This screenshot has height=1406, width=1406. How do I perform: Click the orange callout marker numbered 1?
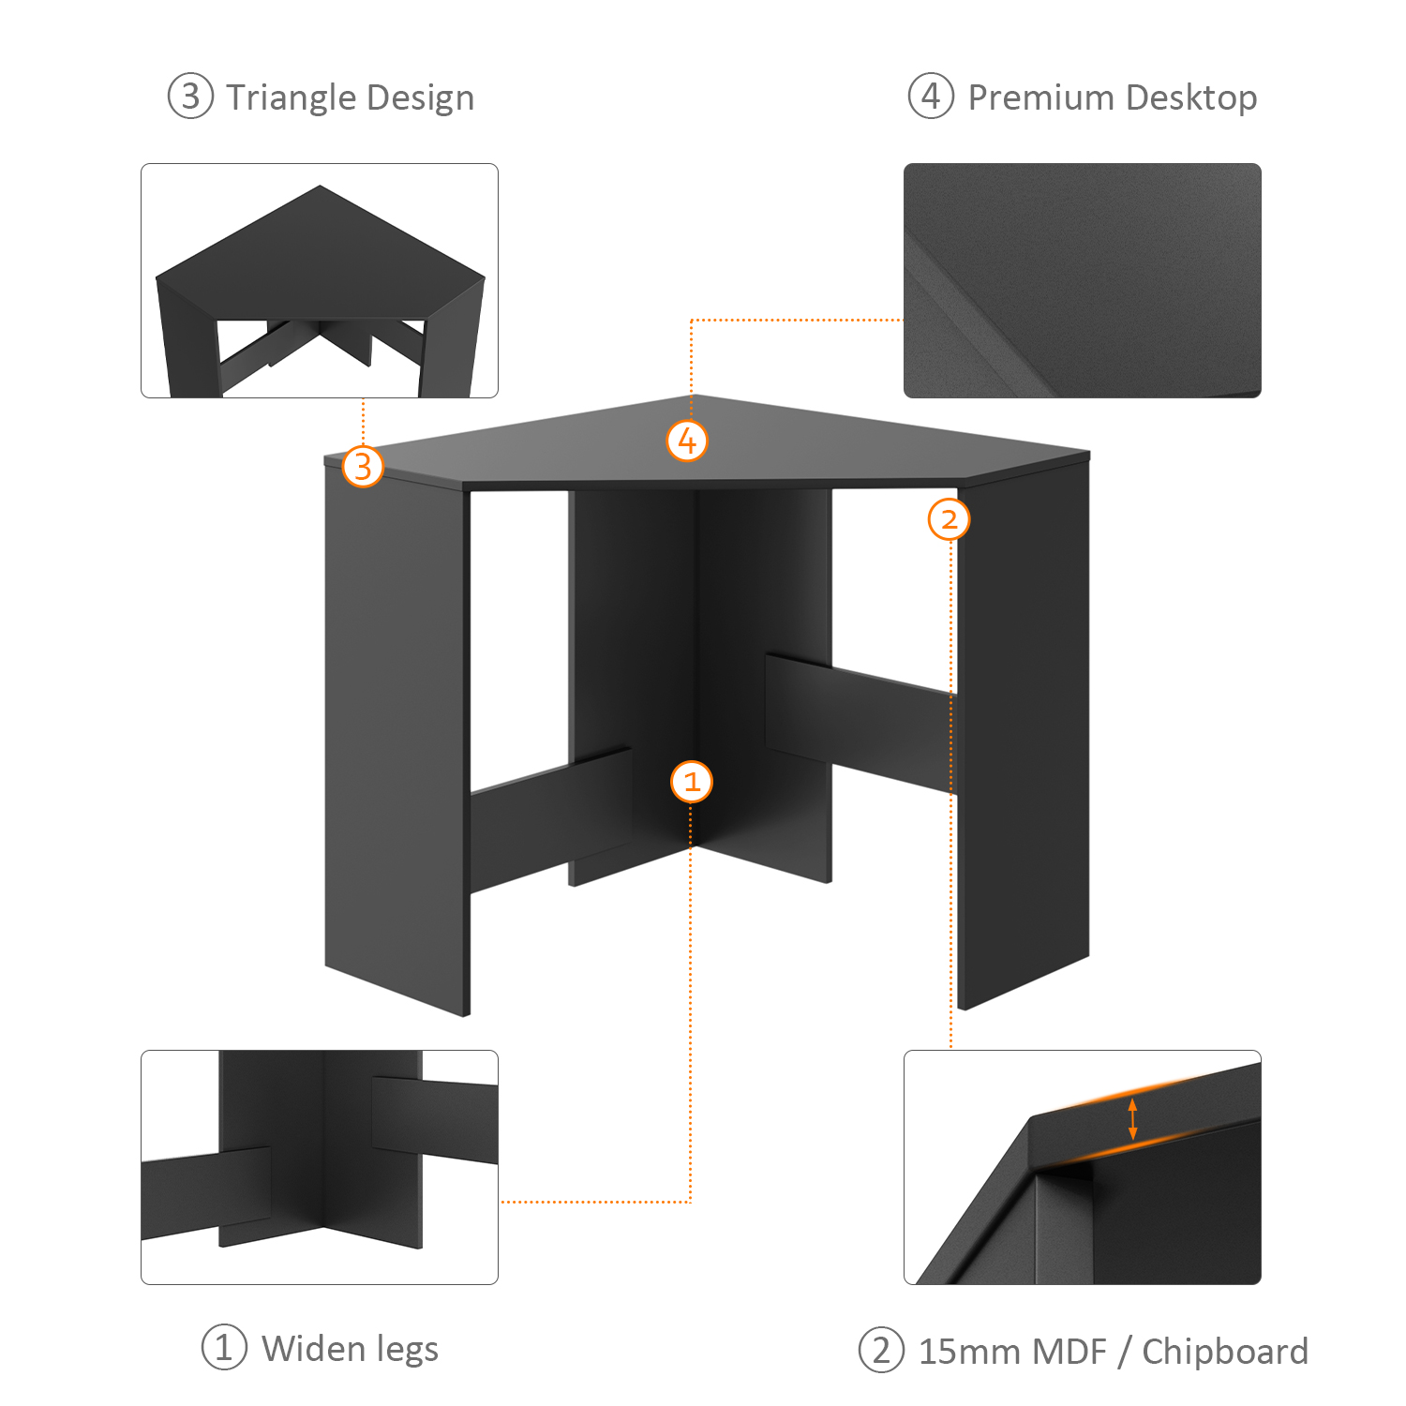692,782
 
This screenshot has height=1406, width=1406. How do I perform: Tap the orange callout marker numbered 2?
949,518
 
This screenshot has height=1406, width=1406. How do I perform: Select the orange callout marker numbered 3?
363,466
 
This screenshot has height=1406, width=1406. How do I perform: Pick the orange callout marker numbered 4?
687,441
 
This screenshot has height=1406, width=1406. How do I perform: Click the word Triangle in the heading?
291,98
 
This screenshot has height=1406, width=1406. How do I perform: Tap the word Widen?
313,1349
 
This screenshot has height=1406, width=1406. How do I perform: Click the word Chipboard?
1225,1352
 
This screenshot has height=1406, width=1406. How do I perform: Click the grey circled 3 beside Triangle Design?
191,97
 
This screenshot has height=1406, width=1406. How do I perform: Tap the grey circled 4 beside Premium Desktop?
931,96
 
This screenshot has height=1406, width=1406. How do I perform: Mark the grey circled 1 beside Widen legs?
224,1347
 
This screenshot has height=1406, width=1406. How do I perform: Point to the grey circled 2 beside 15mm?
881,1351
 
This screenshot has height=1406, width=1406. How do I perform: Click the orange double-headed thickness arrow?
1132,1119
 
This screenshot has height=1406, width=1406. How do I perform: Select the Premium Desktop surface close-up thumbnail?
1083,281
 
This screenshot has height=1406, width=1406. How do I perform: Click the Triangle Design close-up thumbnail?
320,281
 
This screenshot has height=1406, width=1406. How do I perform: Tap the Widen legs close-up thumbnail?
320,1167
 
